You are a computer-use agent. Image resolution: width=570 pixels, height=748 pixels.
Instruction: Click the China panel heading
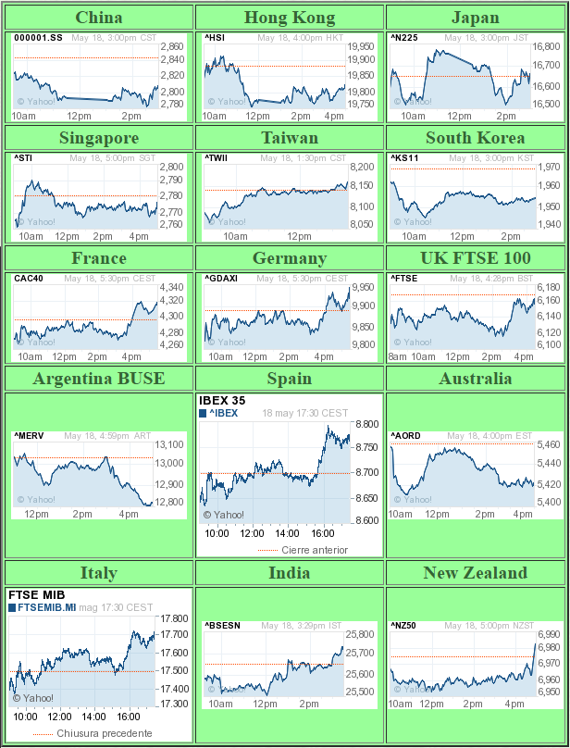(98, 18)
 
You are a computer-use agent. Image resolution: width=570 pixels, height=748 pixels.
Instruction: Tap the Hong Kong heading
(290, 18)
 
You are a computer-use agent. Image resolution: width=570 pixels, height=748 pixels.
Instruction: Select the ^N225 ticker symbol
(404, 38)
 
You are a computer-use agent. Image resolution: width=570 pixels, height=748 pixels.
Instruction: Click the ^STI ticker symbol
(23, 158)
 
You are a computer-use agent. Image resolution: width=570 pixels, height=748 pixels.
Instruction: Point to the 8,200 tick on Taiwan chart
(362, 167)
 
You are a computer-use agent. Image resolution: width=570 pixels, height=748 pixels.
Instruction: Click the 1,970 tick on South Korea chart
(549, 167)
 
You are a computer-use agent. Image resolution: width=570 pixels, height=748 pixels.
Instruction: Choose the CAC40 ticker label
(28, 279)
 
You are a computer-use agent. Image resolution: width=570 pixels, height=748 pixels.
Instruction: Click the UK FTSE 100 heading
(476, 258)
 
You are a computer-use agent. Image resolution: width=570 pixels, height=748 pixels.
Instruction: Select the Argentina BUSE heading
(98, 379)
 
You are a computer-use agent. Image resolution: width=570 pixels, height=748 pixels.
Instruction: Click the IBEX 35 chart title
(222, 401)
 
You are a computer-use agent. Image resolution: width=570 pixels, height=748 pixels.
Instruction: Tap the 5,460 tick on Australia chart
(550, 445)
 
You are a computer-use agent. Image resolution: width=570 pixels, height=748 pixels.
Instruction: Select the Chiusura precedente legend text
(105, 733)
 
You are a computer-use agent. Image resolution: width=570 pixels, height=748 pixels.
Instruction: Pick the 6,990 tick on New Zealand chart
(549, 634)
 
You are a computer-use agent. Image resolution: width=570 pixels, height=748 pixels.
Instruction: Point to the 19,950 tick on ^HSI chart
(361, 46)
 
